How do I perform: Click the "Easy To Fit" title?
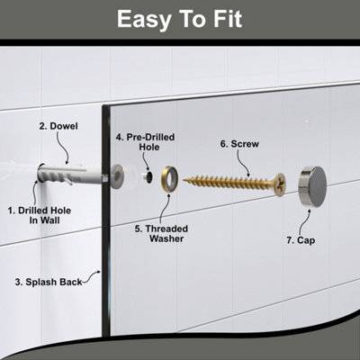click(x=179, y=19)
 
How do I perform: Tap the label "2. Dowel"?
click(x=58, y=126)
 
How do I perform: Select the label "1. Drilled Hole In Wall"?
click(x=40, y=215)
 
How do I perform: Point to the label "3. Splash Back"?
click(x=49, y=282)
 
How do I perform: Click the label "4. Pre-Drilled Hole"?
click(x=146, y=142)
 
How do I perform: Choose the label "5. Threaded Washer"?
click(x=161, y=233)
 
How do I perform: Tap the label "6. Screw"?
click(x=239, y=144)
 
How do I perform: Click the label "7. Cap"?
click(x=301, y=240)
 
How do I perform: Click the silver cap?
click(x=312, y=183)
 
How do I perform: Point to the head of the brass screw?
click(x=280, y=184)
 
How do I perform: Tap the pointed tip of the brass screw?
click(x=184, y=180)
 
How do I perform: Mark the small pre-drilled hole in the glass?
click(x=148, y=178)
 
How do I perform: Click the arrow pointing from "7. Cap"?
click(x=305, y=222)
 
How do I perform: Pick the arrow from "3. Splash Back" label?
click(x=92, y=276)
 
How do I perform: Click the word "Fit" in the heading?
click(x=228, y=19)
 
